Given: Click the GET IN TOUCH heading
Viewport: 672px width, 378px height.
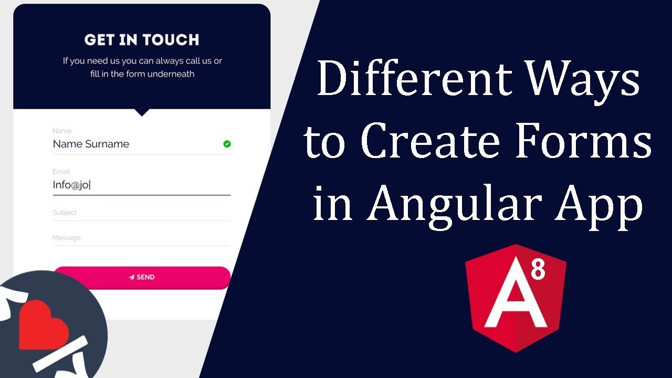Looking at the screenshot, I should [x=142, y=40].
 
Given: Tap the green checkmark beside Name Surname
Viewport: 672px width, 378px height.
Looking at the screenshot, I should [x=227, y=144].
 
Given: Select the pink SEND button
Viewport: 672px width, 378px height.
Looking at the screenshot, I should [x=142, y=277].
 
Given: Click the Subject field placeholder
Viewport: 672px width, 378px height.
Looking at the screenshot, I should [x=65, y=213].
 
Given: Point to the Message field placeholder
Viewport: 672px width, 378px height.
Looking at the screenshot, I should [x=67, y=238].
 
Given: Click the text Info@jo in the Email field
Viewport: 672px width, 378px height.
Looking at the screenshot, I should [x=71, y=185].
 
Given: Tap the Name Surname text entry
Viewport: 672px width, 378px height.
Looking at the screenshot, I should [x=91, y=144].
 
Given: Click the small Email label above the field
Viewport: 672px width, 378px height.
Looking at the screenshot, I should [x=61, y=172].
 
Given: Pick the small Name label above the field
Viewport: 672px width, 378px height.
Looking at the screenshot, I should [x=62, y=131].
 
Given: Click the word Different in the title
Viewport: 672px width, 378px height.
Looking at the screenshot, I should [x=414, y=79].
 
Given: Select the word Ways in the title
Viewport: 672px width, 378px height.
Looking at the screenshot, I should [x=583, y=79].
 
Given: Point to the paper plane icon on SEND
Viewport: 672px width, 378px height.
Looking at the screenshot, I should [x=132, y=277].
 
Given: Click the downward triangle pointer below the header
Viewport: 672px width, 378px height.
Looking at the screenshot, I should [x=142, y=112].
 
